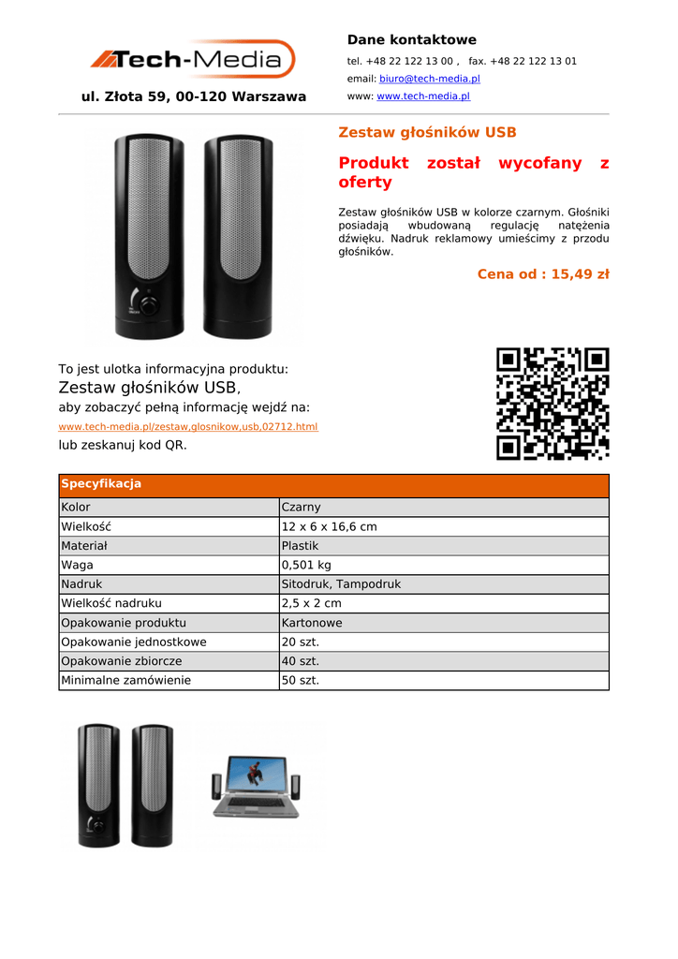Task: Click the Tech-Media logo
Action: click(192, 60)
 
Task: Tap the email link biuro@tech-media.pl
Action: click(429, 79)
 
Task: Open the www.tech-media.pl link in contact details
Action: click(423, 96)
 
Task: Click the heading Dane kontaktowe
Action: click(411, 39)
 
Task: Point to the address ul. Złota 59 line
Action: click(194, 96)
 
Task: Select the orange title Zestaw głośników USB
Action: click(427, 132)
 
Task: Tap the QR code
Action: click(553, 404)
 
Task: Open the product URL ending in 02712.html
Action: click(188, 427)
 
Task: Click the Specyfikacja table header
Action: click(101, 484)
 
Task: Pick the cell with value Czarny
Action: click(301, 508)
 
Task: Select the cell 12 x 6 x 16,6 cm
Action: click(329, 526)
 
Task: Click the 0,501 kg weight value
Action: click(306, 565)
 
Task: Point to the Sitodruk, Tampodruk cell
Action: click(341, 584)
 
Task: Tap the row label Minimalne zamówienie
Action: click(125, 681)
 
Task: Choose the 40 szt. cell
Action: click(301, 661)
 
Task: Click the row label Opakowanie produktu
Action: click(124, 623)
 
